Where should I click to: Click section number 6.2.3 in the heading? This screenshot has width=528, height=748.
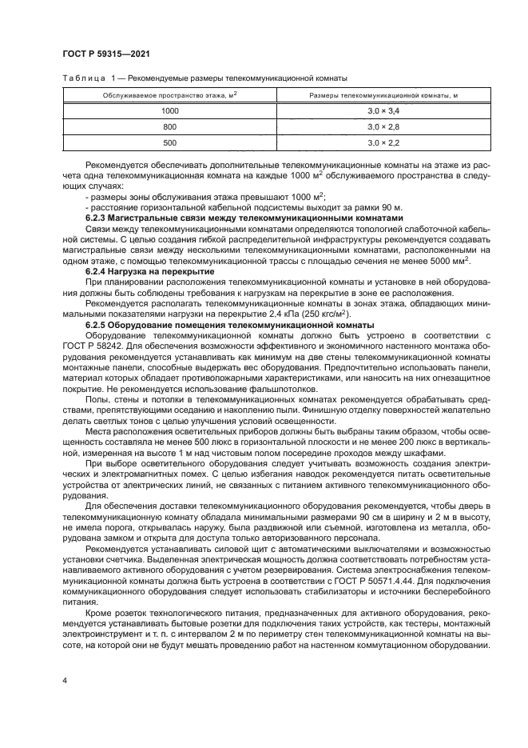(97, 218)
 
